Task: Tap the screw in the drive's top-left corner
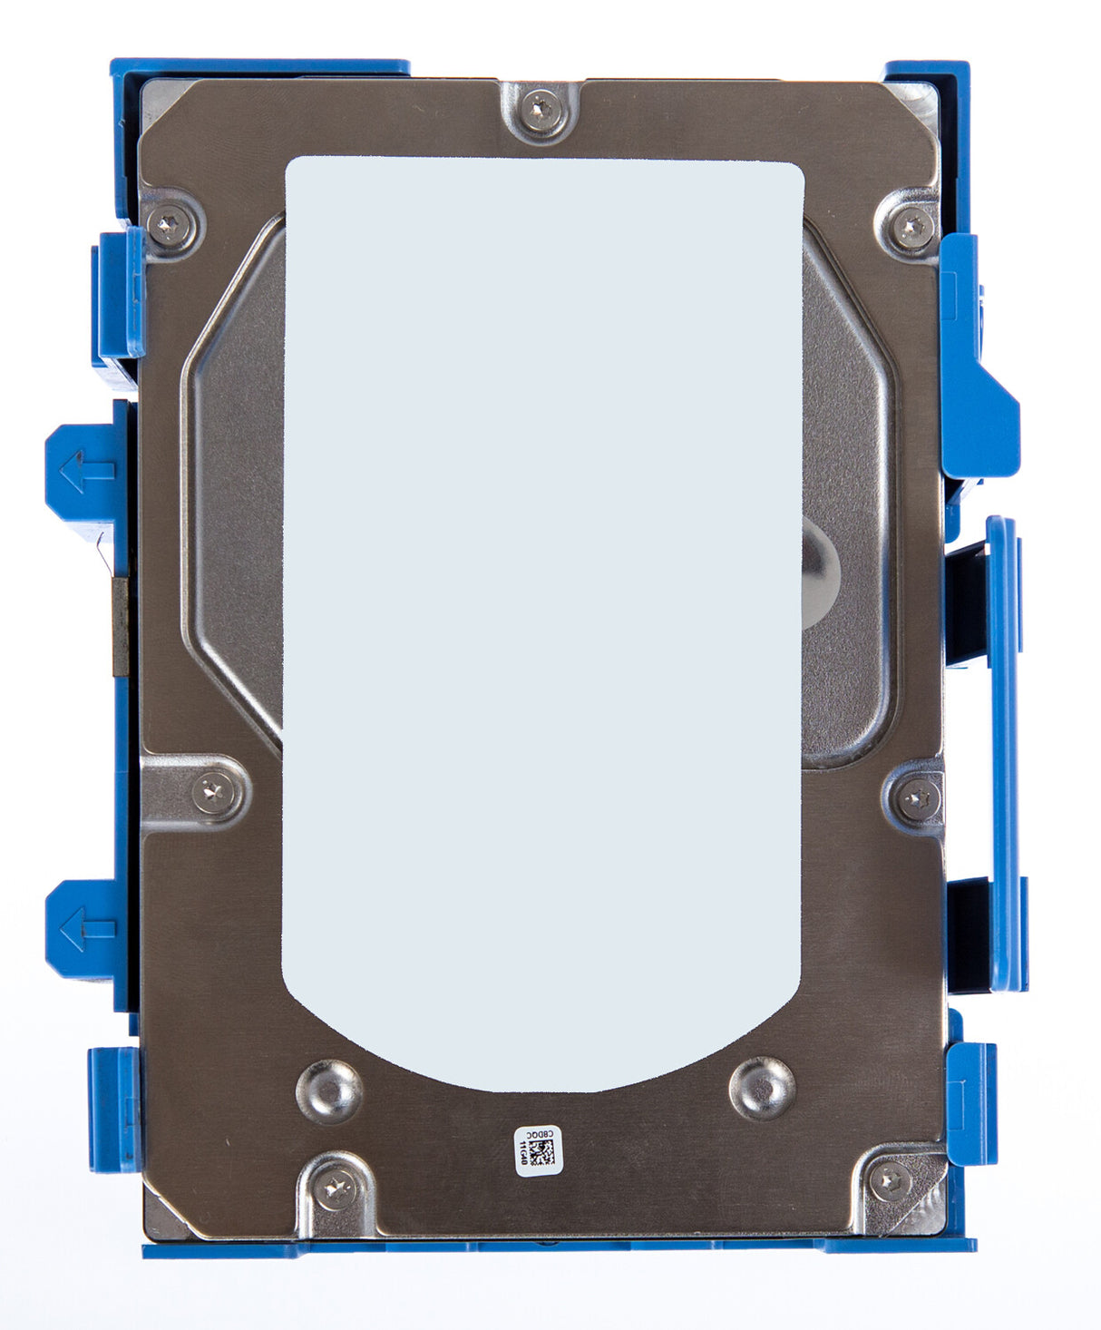[x=170, y=220]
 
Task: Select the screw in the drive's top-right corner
[x=911, y=222]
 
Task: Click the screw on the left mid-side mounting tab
[x=214, y=794]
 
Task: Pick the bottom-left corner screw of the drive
[x=336, y=1185]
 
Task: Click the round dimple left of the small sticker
[x=329, y=1088]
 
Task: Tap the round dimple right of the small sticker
[x=762, y=1087]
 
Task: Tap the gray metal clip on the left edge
[x=120, y=627]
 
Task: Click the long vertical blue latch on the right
[x=1002, y=753]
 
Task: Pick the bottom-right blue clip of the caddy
[x=972, y=1102]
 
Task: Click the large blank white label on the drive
[x=542, y=590]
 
